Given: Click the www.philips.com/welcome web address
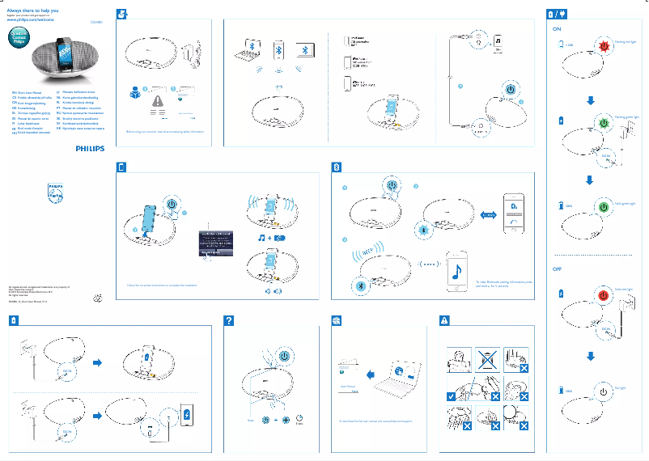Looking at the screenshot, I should point(36,19).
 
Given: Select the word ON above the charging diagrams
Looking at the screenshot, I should point(557,28).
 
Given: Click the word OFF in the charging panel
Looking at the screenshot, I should point(557,268).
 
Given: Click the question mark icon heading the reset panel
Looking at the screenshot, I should point(229,321).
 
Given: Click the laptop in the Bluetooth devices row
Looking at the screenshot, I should point(303,49).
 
